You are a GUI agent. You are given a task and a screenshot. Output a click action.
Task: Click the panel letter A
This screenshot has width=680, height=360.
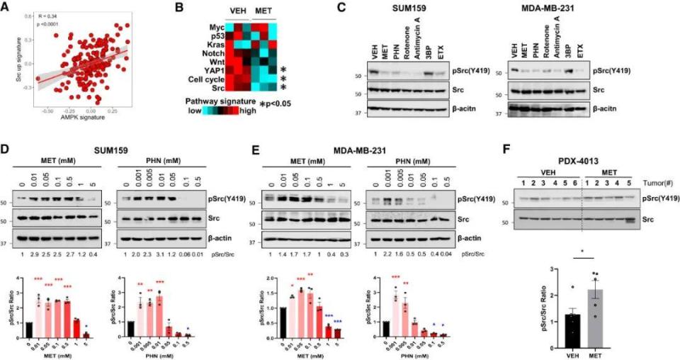(7, 8)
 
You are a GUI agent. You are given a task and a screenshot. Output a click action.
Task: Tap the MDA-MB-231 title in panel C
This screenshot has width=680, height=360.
(548, 9)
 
